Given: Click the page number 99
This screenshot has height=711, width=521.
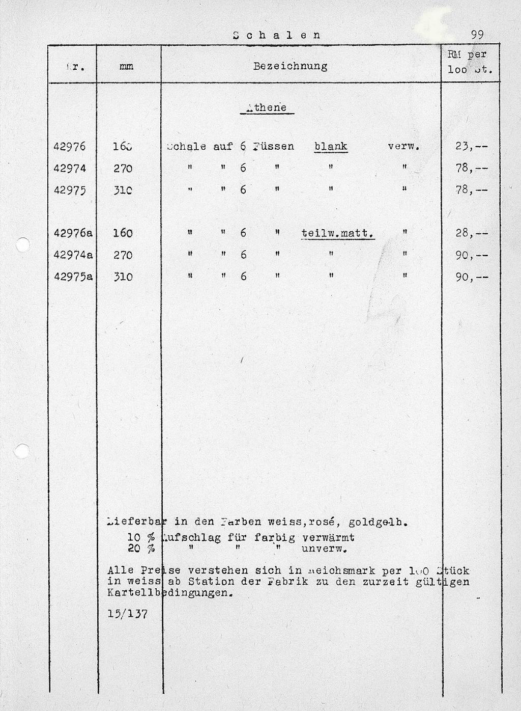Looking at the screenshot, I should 477,35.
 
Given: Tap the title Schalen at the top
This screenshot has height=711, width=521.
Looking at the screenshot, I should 277,35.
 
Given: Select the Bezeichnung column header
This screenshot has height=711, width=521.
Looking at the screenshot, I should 290,66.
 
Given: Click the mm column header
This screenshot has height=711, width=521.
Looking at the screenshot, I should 126,67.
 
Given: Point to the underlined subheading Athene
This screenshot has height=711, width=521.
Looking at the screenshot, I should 266,108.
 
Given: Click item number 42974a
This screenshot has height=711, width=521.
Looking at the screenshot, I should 73,255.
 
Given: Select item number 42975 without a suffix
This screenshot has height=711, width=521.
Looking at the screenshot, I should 70,190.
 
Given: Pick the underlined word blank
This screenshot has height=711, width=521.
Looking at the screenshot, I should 331,147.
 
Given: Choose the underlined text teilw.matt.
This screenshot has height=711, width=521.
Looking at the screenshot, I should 338,234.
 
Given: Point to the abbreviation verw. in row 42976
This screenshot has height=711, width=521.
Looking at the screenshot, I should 403,147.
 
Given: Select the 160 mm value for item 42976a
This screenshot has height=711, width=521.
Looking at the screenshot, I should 123,233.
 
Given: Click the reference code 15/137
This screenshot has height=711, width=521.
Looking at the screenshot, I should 128,614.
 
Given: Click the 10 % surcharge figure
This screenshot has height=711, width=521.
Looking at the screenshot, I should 140,538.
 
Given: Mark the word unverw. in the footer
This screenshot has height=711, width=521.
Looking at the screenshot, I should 324,549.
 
